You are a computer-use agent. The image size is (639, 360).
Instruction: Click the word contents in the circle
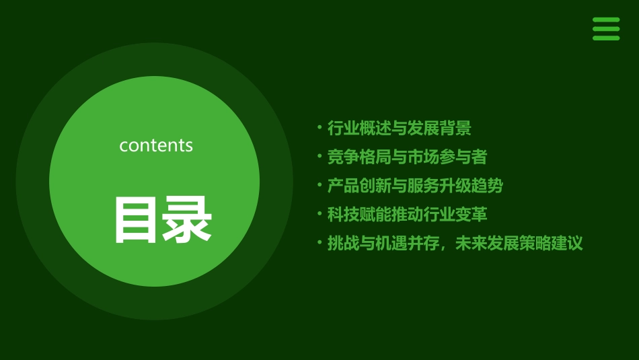156,145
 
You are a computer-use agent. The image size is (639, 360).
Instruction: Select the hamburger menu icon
605,29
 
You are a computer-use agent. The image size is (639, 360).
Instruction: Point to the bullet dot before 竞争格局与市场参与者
319,155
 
